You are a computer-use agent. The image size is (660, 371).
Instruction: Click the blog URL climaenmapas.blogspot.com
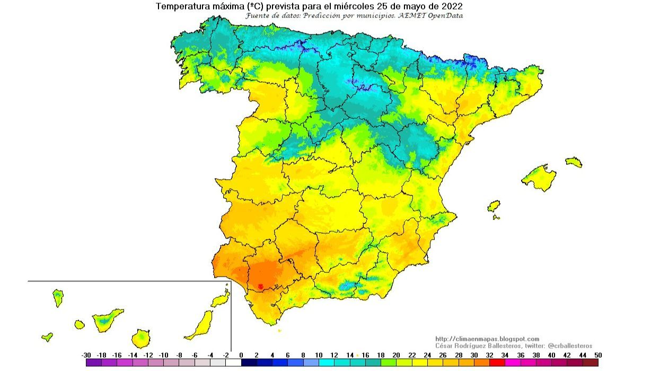(487, 339)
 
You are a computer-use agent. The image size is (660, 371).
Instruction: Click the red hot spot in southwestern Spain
(260, 286)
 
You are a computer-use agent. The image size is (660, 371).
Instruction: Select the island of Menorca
(574, 162)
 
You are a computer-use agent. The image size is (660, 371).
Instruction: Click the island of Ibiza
(494, 206)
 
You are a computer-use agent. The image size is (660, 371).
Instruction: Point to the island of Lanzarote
(220, 301)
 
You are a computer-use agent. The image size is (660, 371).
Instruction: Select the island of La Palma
(58, 297)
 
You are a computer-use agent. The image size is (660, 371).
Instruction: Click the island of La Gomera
(80, 324)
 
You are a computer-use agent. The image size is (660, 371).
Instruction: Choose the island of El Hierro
(47, 337)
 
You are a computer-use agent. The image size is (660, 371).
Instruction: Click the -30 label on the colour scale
(86, 355)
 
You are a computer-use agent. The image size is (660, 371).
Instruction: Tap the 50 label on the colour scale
(599, 355)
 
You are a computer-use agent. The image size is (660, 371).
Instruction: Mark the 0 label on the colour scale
(241, 355)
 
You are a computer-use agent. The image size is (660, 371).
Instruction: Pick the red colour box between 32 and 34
(497, 363)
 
